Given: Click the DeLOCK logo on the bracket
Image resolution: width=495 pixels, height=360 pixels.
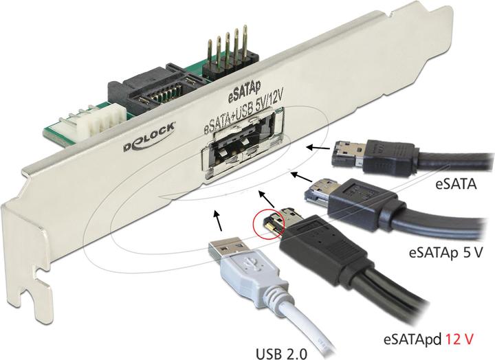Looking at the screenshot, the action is (x=148, y=137).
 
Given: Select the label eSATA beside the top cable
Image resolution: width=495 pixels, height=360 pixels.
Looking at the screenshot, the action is (x=456, y=184).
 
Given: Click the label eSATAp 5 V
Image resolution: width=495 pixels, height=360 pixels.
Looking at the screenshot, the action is (x=445, y=252).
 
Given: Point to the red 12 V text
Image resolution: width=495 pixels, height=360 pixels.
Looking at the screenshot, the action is (x=460, y=340).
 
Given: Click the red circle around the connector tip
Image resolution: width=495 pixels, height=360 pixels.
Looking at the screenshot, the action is (x=269, y=223).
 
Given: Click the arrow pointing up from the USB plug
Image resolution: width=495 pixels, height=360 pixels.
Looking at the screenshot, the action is (x=218, y=221).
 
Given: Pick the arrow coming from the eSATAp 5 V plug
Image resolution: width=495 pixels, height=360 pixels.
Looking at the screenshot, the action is (x=301, y=177).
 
